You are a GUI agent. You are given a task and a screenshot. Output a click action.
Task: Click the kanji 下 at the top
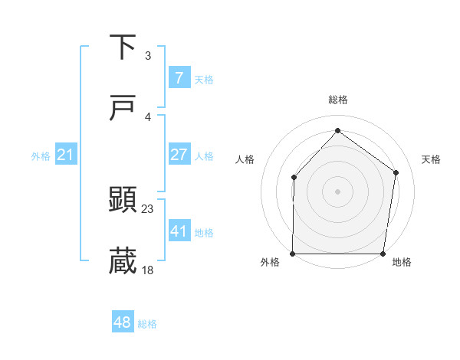coord(123,47)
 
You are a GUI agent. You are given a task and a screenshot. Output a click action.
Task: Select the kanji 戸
coord(123,109)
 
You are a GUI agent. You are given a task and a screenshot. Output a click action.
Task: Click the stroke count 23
coord(148,208)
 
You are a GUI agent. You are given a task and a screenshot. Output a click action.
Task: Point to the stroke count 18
coord(148,270)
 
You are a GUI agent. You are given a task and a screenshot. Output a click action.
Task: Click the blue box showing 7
coord(179,77)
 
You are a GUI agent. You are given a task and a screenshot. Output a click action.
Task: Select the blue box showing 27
coord(179,154)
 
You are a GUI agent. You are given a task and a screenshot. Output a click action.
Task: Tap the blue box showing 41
coord(179,231)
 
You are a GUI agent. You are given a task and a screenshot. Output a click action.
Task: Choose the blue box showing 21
coord(66,155)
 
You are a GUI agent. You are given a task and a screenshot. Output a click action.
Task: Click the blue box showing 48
coord(123,322)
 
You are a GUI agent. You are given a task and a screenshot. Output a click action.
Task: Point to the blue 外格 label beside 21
coord(41,156)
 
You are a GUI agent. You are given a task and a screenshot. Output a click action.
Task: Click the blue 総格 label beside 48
coord(147,324)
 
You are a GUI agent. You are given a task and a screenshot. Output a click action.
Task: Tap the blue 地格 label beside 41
coord(204,232)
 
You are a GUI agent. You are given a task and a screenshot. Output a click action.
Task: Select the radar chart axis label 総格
coord(338,100)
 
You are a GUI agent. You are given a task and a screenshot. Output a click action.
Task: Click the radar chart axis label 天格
coord(432,159)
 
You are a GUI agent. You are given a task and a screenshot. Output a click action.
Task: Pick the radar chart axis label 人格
coord(245,159)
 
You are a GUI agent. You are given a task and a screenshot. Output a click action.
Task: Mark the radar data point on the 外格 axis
coord(293,254)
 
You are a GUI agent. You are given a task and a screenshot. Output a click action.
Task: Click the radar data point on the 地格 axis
coord(383,254)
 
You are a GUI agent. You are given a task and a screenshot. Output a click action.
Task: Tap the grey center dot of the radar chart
coord(338,191)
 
